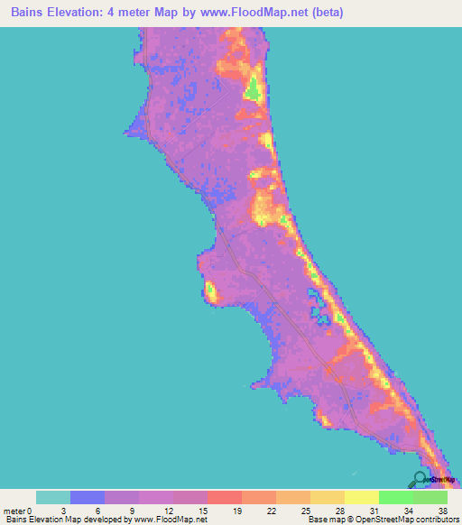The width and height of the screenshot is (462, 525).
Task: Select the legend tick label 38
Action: (x=442, y=510)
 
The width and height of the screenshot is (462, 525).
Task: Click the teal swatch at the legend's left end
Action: (x=53, y=497)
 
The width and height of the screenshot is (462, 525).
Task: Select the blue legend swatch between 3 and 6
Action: (x=88, y=497)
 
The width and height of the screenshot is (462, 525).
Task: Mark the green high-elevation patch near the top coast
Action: (x=254, y=89)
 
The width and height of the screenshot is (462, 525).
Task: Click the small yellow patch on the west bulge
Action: (x=210, y=290)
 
